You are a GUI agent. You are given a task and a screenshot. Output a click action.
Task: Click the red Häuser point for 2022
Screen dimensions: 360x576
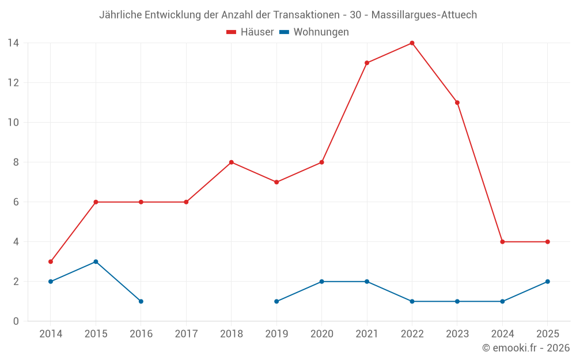pyautogui.click(x=412, y=43)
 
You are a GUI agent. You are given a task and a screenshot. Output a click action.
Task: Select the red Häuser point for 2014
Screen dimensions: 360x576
pyautogui.click(x=51, y=262)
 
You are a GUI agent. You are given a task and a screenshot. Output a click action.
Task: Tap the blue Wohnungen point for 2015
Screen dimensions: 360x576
pyautogui.click(x=96, y=262)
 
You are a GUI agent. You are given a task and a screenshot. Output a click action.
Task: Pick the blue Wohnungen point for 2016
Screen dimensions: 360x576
pyautogui.click(x=141, y=301)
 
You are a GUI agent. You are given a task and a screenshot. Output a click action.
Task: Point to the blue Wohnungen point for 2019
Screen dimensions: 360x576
pyautogui.click(x=276, y=301)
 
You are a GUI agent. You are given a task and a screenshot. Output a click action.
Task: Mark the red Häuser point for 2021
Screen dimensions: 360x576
pyautogui.click(x=367, y=63)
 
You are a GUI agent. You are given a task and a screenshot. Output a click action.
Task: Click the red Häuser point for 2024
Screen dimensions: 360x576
pyautogui.click(x=502, y=242)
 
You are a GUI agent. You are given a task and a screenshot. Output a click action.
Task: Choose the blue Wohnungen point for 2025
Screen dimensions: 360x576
pyautogui.click(x=547, y=282)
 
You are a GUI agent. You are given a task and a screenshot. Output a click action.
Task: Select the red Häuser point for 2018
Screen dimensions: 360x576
pyautogui.click(x=232, y=162)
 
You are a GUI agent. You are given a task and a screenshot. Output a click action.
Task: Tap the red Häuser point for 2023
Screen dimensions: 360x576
pyautogui.click(x=457, y=103)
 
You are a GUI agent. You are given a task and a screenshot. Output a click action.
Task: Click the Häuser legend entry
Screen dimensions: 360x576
pyautogui.click(x=250, y=32)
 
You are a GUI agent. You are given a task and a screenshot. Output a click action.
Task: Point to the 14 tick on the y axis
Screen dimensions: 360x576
pyautogui.click(x=13, y=43)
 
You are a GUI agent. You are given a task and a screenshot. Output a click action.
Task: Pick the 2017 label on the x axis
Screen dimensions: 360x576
pyautogui.click(x=186, y=334)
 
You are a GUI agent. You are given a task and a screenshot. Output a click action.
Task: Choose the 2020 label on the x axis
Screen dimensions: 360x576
pyautogui.click(x=321, y=334)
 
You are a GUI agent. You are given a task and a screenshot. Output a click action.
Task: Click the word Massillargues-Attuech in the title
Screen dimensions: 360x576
pyautogui.click(x=424, y=15)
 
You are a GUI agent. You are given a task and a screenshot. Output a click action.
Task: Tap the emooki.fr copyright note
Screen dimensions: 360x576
pyautogui.click(x=525, y=348)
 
